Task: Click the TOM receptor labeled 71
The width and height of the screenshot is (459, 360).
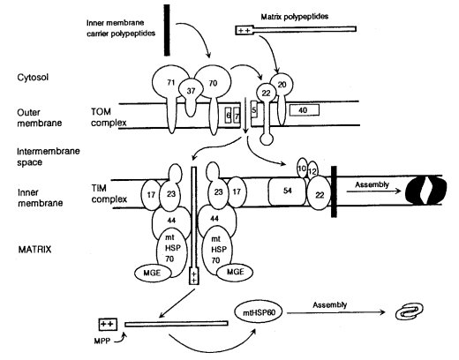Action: click(x=170, y=83)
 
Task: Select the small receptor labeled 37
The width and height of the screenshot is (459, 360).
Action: click(x=191, y=92)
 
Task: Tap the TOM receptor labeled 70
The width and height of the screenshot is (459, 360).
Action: click(x=213, y=83)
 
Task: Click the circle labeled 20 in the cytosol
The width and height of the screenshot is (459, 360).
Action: click(x=282, y=85)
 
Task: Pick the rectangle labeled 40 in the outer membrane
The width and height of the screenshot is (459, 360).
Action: click(x=304, y=110)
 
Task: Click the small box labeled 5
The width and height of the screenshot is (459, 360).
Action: click(x=254, y=109)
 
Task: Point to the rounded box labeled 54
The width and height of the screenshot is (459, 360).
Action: click(x=288, y=191)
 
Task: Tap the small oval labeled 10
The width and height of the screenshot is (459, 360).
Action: click(x=302, y=169)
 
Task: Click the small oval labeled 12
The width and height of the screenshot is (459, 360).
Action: click(x=312, y=170)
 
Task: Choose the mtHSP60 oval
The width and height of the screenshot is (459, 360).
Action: click(x=259, y=312)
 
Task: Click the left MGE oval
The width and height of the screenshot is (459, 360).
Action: click(x=153, y=274)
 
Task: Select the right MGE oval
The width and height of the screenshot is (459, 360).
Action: click(x=235, y=272)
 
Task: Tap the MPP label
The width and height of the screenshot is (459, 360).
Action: click(x=102, y=341)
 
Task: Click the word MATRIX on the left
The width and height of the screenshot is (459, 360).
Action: click(x=34, y=250)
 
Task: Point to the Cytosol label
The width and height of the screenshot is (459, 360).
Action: click(x=33, y=78)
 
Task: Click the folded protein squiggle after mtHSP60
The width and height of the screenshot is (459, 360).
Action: click(x=409, y=312)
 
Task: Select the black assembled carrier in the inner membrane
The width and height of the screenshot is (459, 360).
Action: click(x=426, y=191)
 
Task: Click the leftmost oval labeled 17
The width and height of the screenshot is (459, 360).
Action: click(x=151, y=194)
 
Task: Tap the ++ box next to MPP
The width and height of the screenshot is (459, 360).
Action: click(x=108, y=324)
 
